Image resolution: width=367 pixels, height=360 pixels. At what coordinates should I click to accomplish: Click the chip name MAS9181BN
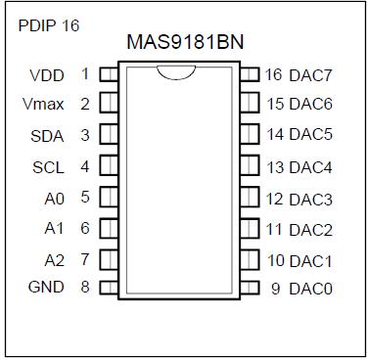coord(183,43)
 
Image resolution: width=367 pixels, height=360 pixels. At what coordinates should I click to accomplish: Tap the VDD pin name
coord(47,74)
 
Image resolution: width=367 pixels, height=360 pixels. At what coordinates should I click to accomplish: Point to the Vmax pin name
coord(43,104)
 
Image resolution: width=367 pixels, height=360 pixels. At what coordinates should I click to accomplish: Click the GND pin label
coord(47,287)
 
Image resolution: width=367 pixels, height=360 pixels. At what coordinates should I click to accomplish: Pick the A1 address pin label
coord(55,228)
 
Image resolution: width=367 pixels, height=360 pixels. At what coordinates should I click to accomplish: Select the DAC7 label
coord(312,74)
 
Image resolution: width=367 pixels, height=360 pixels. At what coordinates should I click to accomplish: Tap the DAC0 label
coord(312,289)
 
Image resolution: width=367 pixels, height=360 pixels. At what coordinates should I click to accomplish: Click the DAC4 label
coord(312,167)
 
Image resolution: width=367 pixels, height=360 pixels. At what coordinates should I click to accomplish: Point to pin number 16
coord(273,74)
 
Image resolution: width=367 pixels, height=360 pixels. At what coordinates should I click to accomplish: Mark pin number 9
coord(276,289)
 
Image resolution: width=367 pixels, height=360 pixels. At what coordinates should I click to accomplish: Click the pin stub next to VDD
coord(108,72)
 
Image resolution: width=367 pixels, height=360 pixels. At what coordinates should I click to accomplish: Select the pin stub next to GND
coord(108,287)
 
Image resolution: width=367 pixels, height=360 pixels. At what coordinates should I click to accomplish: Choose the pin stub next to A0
coord(108,198)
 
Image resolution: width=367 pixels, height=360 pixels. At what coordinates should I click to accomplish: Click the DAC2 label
coord(312,230)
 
